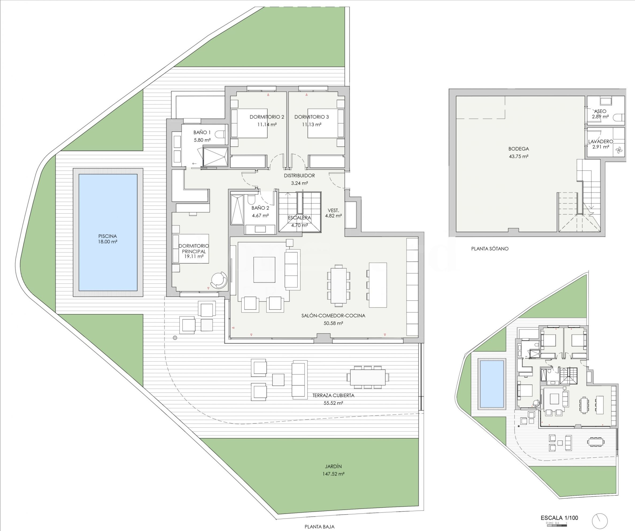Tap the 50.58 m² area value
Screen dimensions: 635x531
(x=333, y=323)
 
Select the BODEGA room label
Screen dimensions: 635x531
(x=519, y=149)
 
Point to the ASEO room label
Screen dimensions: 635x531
(x=600, y=111)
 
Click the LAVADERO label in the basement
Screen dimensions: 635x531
(x=601, y=141)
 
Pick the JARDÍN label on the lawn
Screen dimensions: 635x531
(x=333, y=466)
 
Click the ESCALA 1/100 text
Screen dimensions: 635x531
(x=559, y=518)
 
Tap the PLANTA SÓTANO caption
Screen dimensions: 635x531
(x=490, y=249)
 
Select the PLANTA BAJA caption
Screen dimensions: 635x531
(x=319, y=527)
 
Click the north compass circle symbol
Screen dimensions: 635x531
(x=600, y=521)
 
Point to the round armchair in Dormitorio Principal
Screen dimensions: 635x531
(x=219, y=281)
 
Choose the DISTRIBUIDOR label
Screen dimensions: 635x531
(x=299, y=176)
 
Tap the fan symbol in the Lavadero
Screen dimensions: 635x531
(x=619, y=150)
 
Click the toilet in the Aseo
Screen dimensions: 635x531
(x=618, y=117)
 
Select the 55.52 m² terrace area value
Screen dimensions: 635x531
(x=333, y=403)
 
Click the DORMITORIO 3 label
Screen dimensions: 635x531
(x=311, y=117)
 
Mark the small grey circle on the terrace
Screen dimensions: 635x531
(x=175, y=338)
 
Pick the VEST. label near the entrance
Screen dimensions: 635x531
(x=333, y=210)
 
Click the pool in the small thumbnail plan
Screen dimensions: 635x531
(x=492, y=384)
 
